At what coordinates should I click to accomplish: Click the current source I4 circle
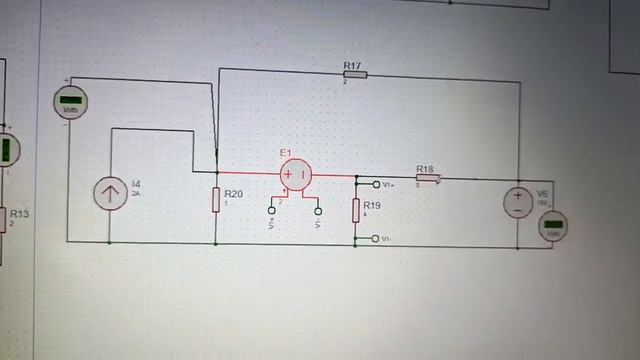pyautogui.click(x=109, y=193)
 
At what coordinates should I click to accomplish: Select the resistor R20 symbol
pyautogui.click(x=216, y=200)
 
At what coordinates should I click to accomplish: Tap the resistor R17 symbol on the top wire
pyautogui.click(x=355, y=74)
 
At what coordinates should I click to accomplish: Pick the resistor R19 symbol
pyautogui.click(x=355, y=210)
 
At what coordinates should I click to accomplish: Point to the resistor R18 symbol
pyautogui.click(x=427, y=180)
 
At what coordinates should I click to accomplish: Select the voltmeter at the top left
pyautogui.click(x=69, y=101)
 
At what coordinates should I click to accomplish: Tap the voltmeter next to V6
pyautogui.click(x=553, y=226)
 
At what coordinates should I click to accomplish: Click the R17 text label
pyautogui.click(x=352, y=65)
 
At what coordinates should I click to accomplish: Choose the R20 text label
pyautogui.click(x=233, y=194)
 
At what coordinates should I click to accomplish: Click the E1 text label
pyautogui.click(x=285, y=152)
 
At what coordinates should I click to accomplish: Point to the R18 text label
pyautogui.click(x=424, y=170)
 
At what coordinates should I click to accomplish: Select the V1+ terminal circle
pyautogui.click(x=376, y=184)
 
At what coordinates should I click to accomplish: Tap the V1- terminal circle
pyautogui.click(x=375, y=239)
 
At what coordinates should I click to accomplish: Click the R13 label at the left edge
pyautogui.click(x=19, y=213)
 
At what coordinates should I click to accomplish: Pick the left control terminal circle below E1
pyautogui.click(x=271, y=210)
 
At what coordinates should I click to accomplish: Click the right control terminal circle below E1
pyautogui.click(x=318, y=210)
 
